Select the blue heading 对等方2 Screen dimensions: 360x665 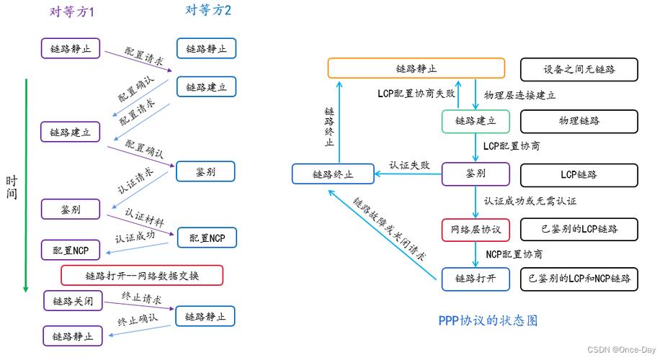click(208, 9)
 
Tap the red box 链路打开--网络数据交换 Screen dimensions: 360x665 click(142, 276)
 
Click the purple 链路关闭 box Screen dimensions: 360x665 click(72, 301)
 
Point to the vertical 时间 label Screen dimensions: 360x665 click(12, 187)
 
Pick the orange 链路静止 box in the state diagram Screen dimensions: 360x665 click(416, 69)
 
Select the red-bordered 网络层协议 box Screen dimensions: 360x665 click(476, 229)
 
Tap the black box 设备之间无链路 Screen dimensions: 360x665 click(579, 69)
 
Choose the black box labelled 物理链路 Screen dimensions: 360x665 click(579, 121)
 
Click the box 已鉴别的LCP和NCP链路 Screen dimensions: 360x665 click(579, 278)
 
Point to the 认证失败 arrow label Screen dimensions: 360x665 click(409, 165)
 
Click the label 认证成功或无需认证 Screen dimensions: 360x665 click(530, 201)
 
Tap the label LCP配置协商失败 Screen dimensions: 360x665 click(416, 94)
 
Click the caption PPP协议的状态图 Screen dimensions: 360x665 click(488, 320)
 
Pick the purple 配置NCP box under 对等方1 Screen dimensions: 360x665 click(71, 251)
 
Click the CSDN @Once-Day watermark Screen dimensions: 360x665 click(622, 350)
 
